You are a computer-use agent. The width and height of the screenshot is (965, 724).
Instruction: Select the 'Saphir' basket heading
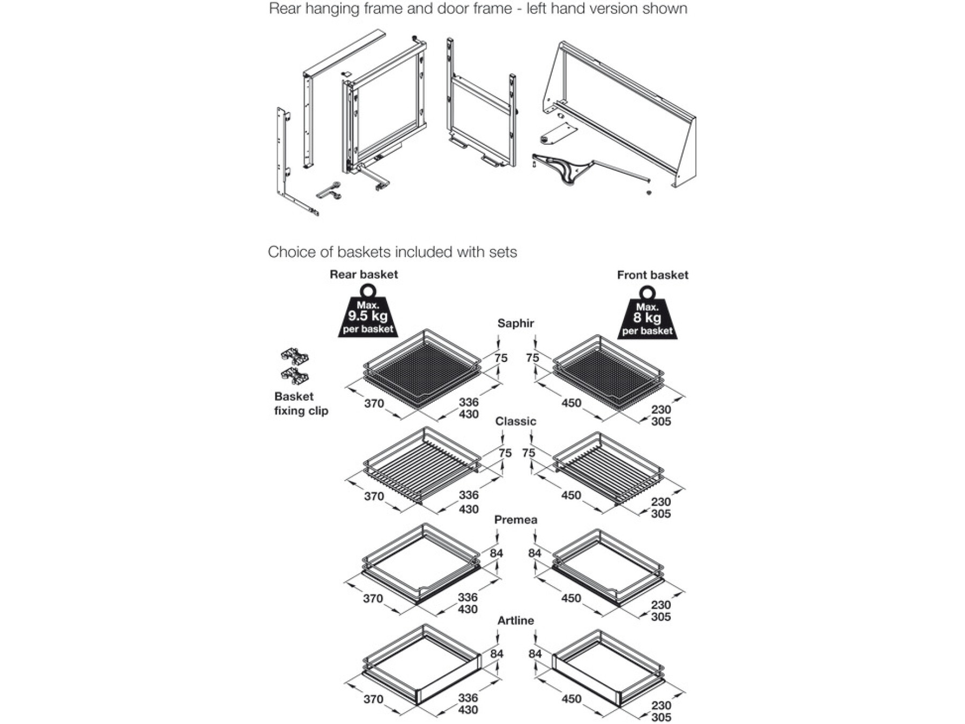coord(515,323)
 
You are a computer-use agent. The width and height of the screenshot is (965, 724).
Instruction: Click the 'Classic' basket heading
coord(515,422)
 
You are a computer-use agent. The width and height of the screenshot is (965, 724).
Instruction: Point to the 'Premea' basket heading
coord(515,520)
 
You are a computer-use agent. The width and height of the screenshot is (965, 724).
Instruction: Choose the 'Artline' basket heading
coord(515,620)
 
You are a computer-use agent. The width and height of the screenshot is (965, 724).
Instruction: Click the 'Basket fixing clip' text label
coord(301,404)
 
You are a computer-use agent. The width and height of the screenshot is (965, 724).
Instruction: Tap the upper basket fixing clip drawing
coord(294,356)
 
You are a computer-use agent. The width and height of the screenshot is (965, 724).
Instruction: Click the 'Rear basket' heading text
coord(363,275)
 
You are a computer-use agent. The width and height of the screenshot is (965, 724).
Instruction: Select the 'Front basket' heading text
coord(652,275)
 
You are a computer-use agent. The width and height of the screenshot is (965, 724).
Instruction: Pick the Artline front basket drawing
coord(608,668)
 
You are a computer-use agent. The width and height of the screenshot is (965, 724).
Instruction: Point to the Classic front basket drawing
coord(608,467)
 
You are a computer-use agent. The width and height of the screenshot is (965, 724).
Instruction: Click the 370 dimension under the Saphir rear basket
coord(374,403)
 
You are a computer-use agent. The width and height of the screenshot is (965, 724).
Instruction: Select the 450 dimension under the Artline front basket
coord(571,699)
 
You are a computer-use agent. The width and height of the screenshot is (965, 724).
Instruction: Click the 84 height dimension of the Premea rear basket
coord(496,553)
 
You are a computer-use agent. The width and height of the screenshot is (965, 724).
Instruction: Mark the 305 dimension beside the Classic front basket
coord(660,514)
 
